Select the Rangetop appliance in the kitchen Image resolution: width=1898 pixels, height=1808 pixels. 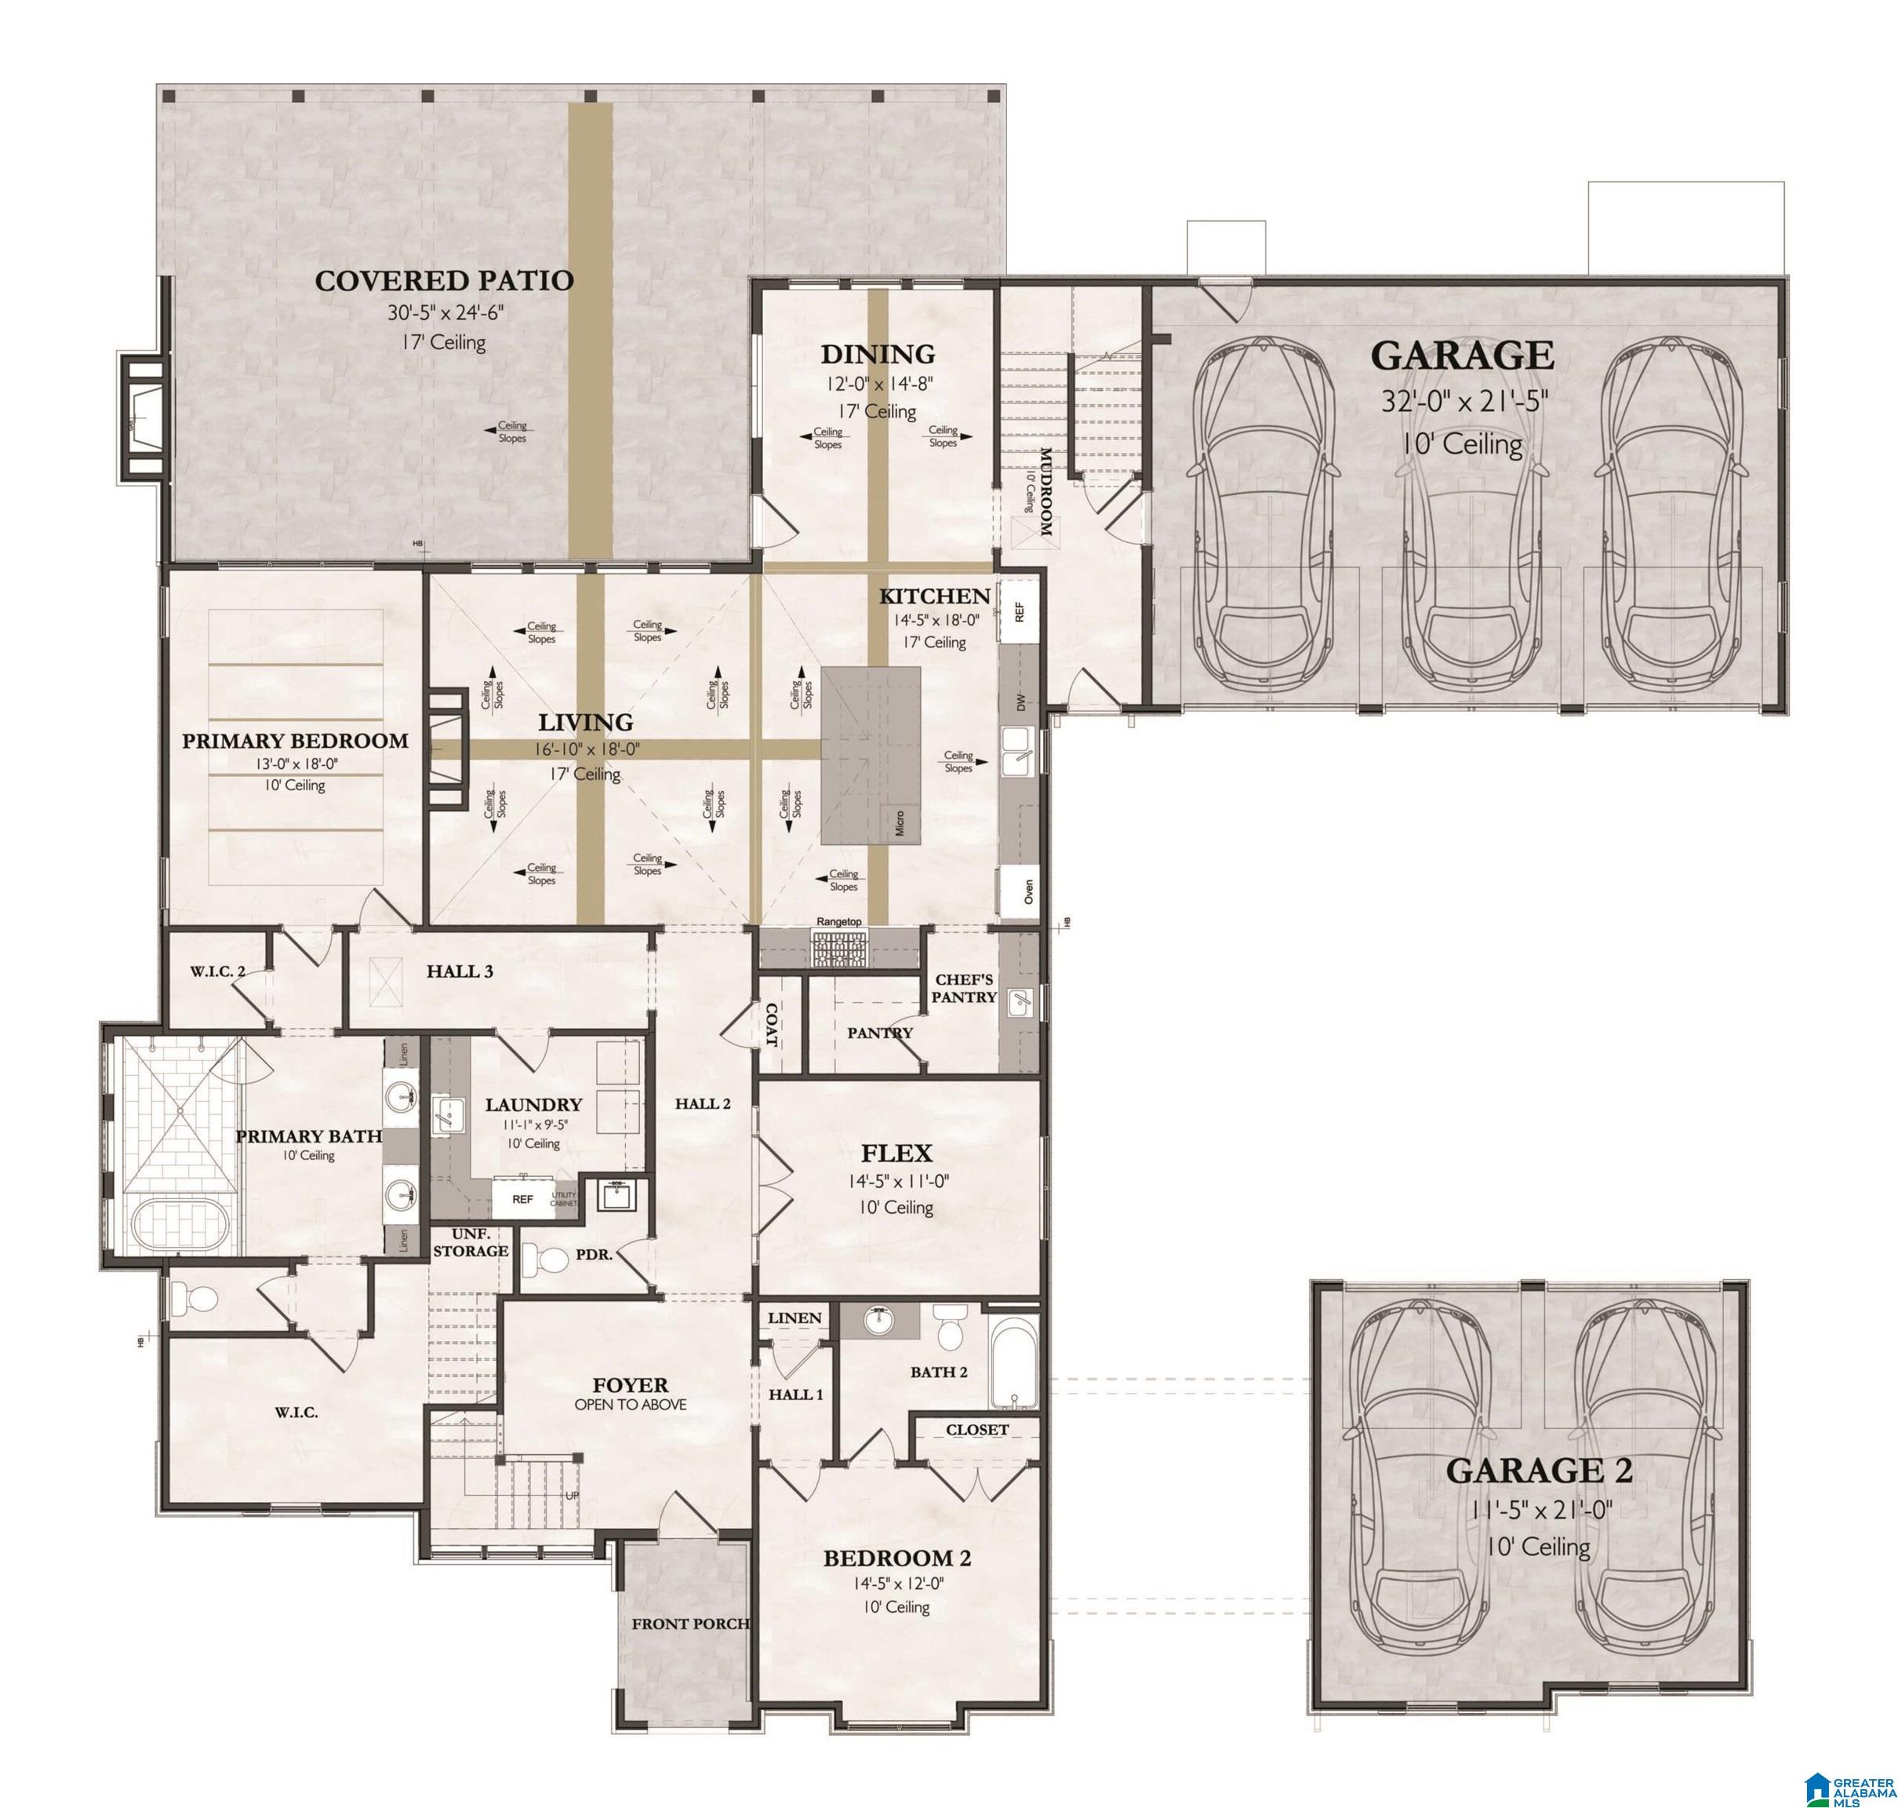[x=840, y=950]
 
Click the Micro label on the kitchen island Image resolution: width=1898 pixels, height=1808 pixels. [x=899, y=822]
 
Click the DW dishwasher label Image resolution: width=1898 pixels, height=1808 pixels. [x=1021, y=702]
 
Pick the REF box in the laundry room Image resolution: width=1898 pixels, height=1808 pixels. [x=522, y=1200]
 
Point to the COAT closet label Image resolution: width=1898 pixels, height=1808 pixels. [x=771, y=1026]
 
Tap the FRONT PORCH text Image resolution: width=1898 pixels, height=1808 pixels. [x=690, y=1624]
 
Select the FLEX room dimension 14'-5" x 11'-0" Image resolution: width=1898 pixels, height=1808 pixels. [x=896, y=1180]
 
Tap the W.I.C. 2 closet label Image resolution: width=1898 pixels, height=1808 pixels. [x=216, y=971]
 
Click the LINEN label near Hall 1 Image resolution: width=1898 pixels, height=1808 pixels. [x=794, y=1318]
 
